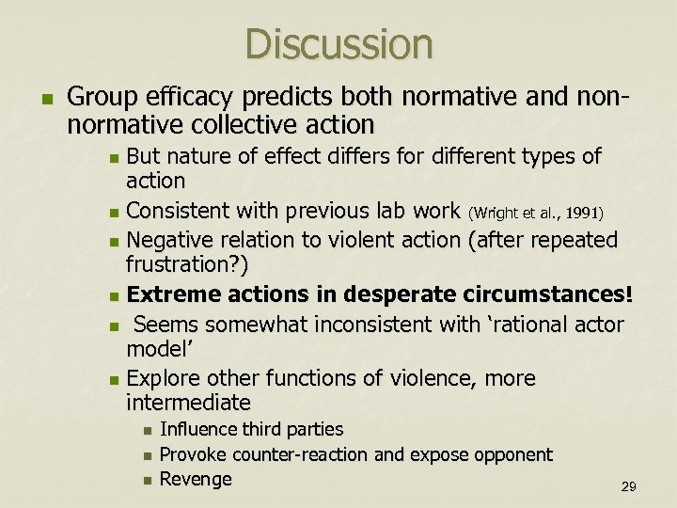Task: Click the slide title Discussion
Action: [x=338, y=44]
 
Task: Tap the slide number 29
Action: [x=629, y=486]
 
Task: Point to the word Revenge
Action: [x=196, y=479]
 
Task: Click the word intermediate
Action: [x=188, y=404]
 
